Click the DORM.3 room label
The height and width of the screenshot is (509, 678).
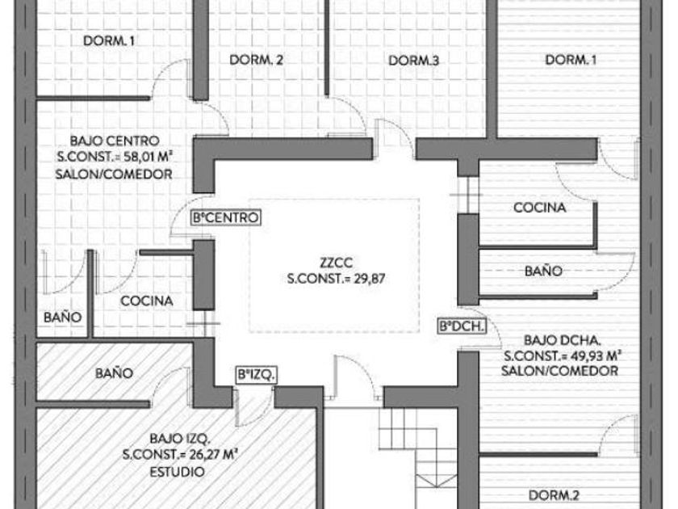point(413,61)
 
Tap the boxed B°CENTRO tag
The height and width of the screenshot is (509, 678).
point(225,217)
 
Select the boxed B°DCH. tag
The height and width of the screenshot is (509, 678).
point(461,326)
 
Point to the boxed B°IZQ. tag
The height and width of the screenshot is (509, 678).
point(257,374)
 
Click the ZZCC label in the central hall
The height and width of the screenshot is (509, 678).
point(333,263)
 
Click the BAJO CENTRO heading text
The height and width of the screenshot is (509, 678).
point(109,141)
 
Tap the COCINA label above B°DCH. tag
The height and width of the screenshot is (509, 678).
point(540,208)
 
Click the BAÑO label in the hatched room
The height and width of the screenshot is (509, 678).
point(113,373)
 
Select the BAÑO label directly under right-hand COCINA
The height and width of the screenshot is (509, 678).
point(543,271)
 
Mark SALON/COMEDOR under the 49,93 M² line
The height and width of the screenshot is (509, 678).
point(559,371)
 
